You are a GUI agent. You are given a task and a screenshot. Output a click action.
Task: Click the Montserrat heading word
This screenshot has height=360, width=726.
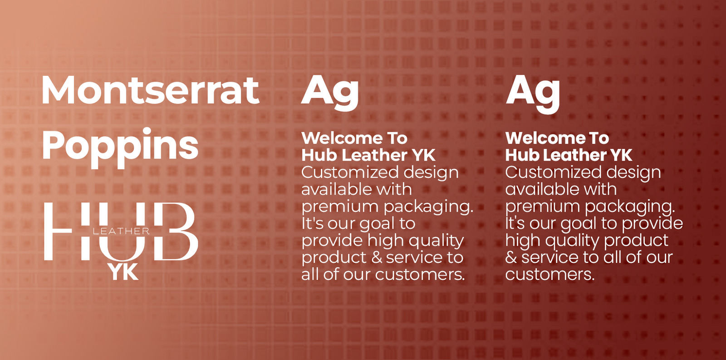pyautogui.click(x=150, y=90)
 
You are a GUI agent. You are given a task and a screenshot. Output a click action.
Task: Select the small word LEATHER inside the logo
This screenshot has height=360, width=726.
pyautogui.click(x=121, y=231)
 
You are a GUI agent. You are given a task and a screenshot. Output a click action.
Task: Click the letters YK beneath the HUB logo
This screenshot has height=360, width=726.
pyautogui.click(x=123, y=272)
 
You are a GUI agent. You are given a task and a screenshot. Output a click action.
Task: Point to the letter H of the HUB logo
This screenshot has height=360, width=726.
pyautogui.click(x=58, y=231)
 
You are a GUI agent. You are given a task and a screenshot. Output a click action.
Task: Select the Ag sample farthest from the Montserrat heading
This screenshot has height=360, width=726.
pyautogui.click(x=533, y=94)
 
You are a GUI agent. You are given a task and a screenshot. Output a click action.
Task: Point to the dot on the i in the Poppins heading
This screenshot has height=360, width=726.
pyautogui.click(x=147, y=131)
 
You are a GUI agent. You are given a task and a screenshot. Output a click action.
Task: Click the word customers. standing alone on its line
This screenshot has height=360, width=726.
pyautogui.click(x=550, y=274)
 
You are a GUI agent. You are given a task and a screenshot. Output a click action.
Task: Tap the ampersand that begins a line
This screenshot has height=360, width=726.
pyautogui.click(x=511, y=257)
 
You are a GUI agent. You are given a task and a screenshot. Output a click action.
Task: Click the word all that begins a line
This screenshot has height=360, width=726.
pyautogui.click(x=309, y=274)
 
